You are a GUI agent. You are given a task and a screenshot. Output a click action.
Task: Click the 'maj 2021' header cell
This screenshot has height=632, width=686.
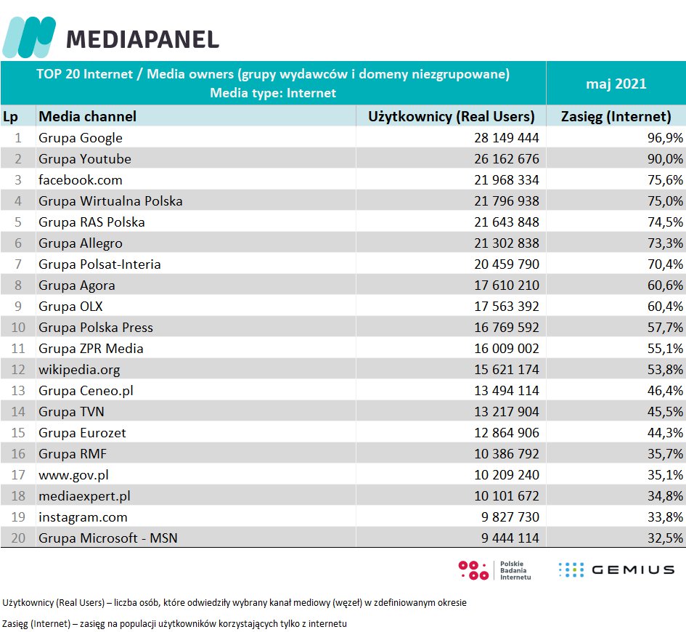tap(616, 84)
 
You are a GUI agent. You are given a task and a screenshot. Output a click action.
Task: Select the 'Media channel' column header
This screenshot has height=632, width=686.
tap(87, 116)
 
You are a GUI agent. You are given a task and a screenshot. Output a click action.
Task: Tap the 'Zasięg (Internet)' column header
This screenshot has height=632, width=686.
tap(616, 116)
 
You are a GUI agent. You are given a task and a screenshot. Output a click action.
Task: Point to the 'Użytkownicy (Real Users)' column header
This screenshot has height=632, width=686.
tap(452, 116)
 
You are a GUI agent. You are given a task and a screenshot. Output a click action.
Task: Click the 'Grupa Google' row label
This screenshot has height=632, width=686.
tap(81, 138)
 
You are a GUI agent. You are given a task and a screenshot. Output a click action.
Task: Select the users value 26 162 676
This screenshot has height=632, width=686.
tap(498, 159)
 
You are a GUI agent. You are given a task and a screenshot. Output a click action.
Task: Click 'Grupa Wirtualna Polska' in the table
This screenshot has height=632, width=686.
tap(110, 201)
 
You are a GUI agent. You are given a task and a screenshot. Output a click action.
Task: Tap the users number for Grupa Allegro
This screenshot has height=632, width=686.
tap(498, 243)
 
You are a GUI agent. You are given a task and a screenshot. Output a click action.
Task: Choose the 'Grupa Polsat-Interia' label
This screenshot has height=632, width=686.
tap(99, 264)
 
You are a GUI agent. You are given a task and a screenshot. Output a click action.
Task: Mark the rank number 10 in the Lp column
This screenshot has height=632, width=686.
tap(19, 328)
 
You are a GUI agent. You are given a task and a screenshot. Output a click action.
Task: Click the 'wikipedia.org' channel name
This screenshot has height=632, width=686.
tap(79, 370)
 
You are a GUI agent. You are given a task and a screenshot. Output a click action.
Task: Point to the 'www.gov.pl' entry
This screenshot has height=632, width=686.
tap(74, 475)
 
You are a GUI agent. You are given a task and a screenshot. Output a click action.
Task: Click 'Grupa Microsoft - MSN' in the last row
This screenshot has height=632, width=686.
tap(108, 538)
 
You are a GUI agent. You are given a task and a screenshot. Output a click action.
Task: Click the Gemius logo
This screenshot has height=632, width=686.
tap(616, 570)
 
